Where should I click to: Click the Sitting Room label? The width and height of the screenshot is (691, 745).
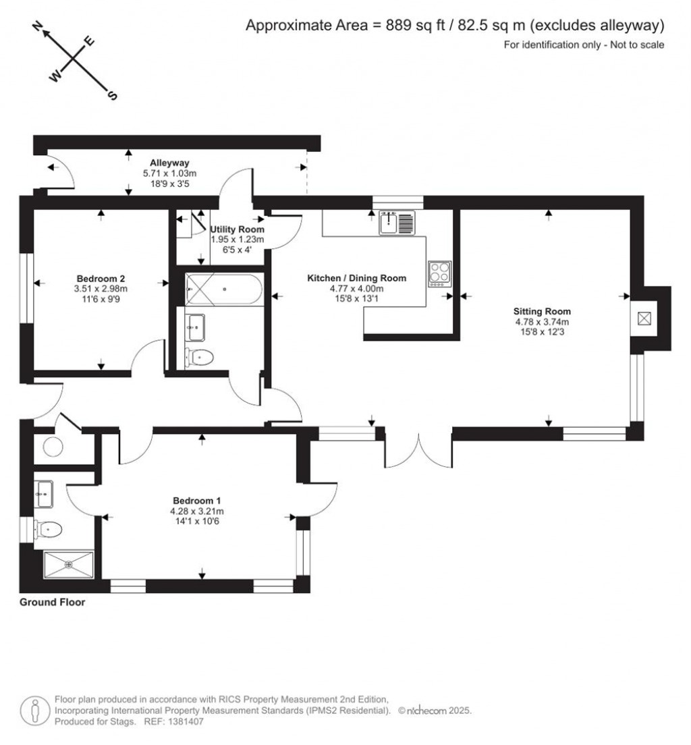[x=542, y=312]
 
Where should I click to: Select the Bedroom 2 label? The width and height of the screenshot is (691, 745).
[x=101, y=278]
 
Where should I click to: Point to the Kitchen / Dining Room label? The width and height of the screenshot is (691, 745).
[x=356, y=278]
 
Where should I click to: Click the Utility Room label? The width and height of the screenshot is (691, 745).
[x=237, y=229]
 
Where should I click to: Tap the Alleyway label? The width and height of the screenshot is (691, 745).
[x=169, y=163]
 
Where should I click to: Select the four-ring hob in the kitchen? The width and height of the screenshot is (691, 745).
[x=440, y=273]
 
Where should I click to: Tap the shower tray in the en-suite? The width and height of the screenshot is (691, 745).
[x=68, y=564]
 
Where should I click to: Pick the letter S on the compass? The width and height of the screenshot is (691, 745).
[x=112, y=96]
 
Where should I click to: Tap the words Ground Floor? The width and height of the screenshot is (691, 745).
[x=53, y=602]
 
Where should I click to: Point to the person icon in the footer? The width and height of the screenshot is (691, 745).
[x=34, y=710]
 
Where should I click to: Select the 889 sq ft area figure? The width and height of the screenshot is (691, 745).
[x=411, y=26]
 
